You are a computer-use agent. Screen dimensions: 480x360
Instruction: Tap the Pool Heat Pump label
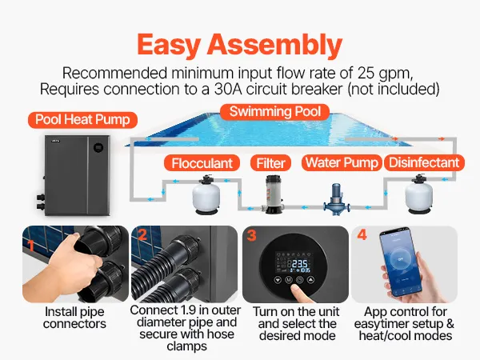[x=82, y=120]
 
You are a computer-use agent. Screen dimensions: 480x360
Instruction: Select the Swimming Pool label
[x=275, y=112]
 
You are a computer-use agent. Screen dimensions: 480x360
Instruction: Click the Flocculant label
[x=202, y=163]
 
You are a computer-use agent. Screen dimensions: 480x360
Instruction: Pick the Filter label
[x=270, y=163]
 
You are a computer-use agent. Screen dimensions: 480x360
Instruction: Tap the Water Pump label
[x=342, y=162]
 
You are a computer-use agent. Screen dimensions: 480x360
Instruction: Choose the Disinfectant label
[x=424, y=162]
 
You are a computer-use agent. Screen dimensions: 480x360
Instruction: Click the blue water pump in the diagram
[x=336, y=199]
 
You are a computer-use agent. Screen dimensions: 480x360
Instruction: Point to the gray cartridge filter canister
[x=273, y=194]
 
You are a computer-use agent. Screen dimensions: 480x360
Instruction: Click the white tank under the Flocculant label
[x=206, y=194]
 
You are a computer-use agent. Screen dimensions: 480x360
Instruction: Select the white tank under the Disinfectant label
[x=418, y=194]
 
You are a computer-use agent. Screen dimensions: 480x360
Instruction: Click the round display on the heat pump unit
[x=98, y=147]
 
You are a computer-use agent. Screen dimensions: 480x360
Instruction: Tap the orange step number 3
[x=251, y=236]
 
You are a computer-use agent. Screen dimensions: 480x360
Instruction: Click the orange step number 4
[x=362, y=235]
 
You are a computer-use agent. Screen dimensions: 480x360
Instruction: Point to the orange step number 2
[x=142, y=234]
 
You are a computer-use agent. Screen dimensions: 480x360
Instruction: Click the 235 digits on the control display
[x=299, y=264]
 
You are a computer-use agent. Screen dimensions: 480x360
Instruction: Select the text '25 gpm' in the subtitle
[x=385, y=74]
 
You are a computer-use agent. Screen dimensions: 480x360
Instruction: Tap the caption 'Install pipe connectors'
[x=74, y=318]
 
